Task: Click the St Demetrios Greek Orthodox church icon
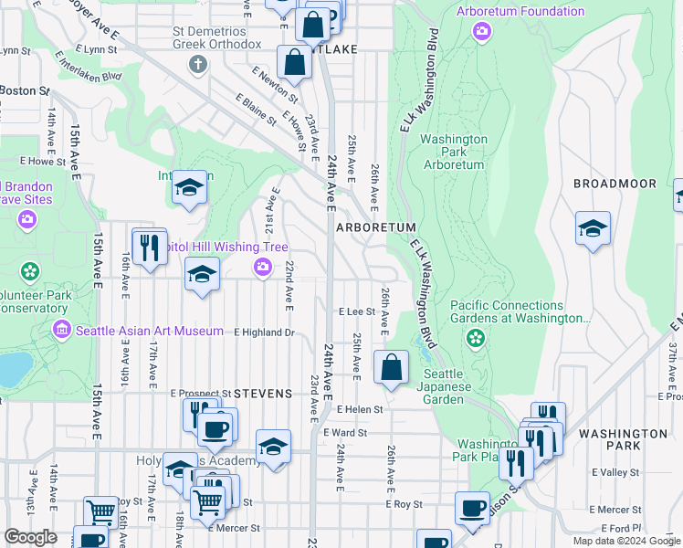196,64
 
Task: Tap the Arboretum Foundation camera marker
481,32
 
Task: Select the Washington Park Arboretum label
454,152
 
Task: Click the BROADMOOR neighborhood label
615,184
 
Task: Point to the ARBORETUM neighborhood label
376,227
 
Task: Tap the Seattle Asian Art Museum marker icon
62,330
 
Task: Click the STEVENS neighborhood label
263,394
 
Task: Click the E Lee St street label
356,311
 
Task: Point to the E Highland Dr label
264,332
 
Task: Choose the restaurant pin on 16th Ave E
149,246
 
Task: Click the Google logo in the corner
30,537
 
